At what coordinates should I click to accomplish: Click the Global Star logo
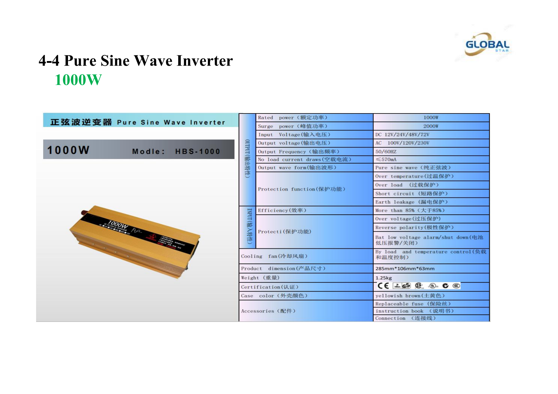(x=487, y=45)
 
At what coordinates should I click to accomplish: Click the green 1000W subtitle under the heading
(x=78, y=80)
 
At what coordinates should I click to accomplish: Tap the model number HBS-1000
(x=197, y=151)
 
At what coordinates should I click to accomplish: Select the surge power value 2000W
(x=431, y=126)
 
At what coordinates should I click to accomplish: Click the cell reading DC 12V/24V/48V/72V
(x=402, y=135)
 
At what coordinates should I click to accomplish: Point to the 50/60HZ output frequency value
(x=386, y=152)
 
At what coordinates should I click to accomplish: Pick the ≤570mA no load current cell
(x=386, y=160)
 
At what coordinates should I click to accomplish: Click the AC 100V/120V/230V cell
(x=402, y=143)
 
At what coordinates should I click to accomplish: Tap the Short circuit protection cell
(x=411, y=194)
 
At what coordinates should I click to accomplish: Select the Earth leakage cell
(x=411, y=202)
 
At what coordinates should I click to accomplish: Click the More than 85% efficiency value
(x=410, y=210)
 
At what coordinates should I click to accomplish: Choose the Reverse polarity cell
(x=414, y=228)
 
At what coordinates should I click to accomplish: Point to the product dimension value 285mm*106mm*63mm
(x=405, y=269)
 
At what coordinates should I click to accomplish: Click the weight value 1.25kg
(x=384, y=278)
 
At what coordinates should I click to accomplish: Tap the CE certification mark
(x=383, y=286)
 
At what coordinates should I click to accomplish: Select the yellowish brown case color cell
(x=410, y=296)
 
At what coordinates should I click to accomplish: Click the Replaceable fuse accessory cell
(x=413, y=304)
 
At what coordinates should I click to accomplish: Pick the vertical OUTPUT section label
(x=247, y=158)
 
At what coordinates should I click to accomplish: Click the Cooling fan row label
(x=274, y=256)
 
